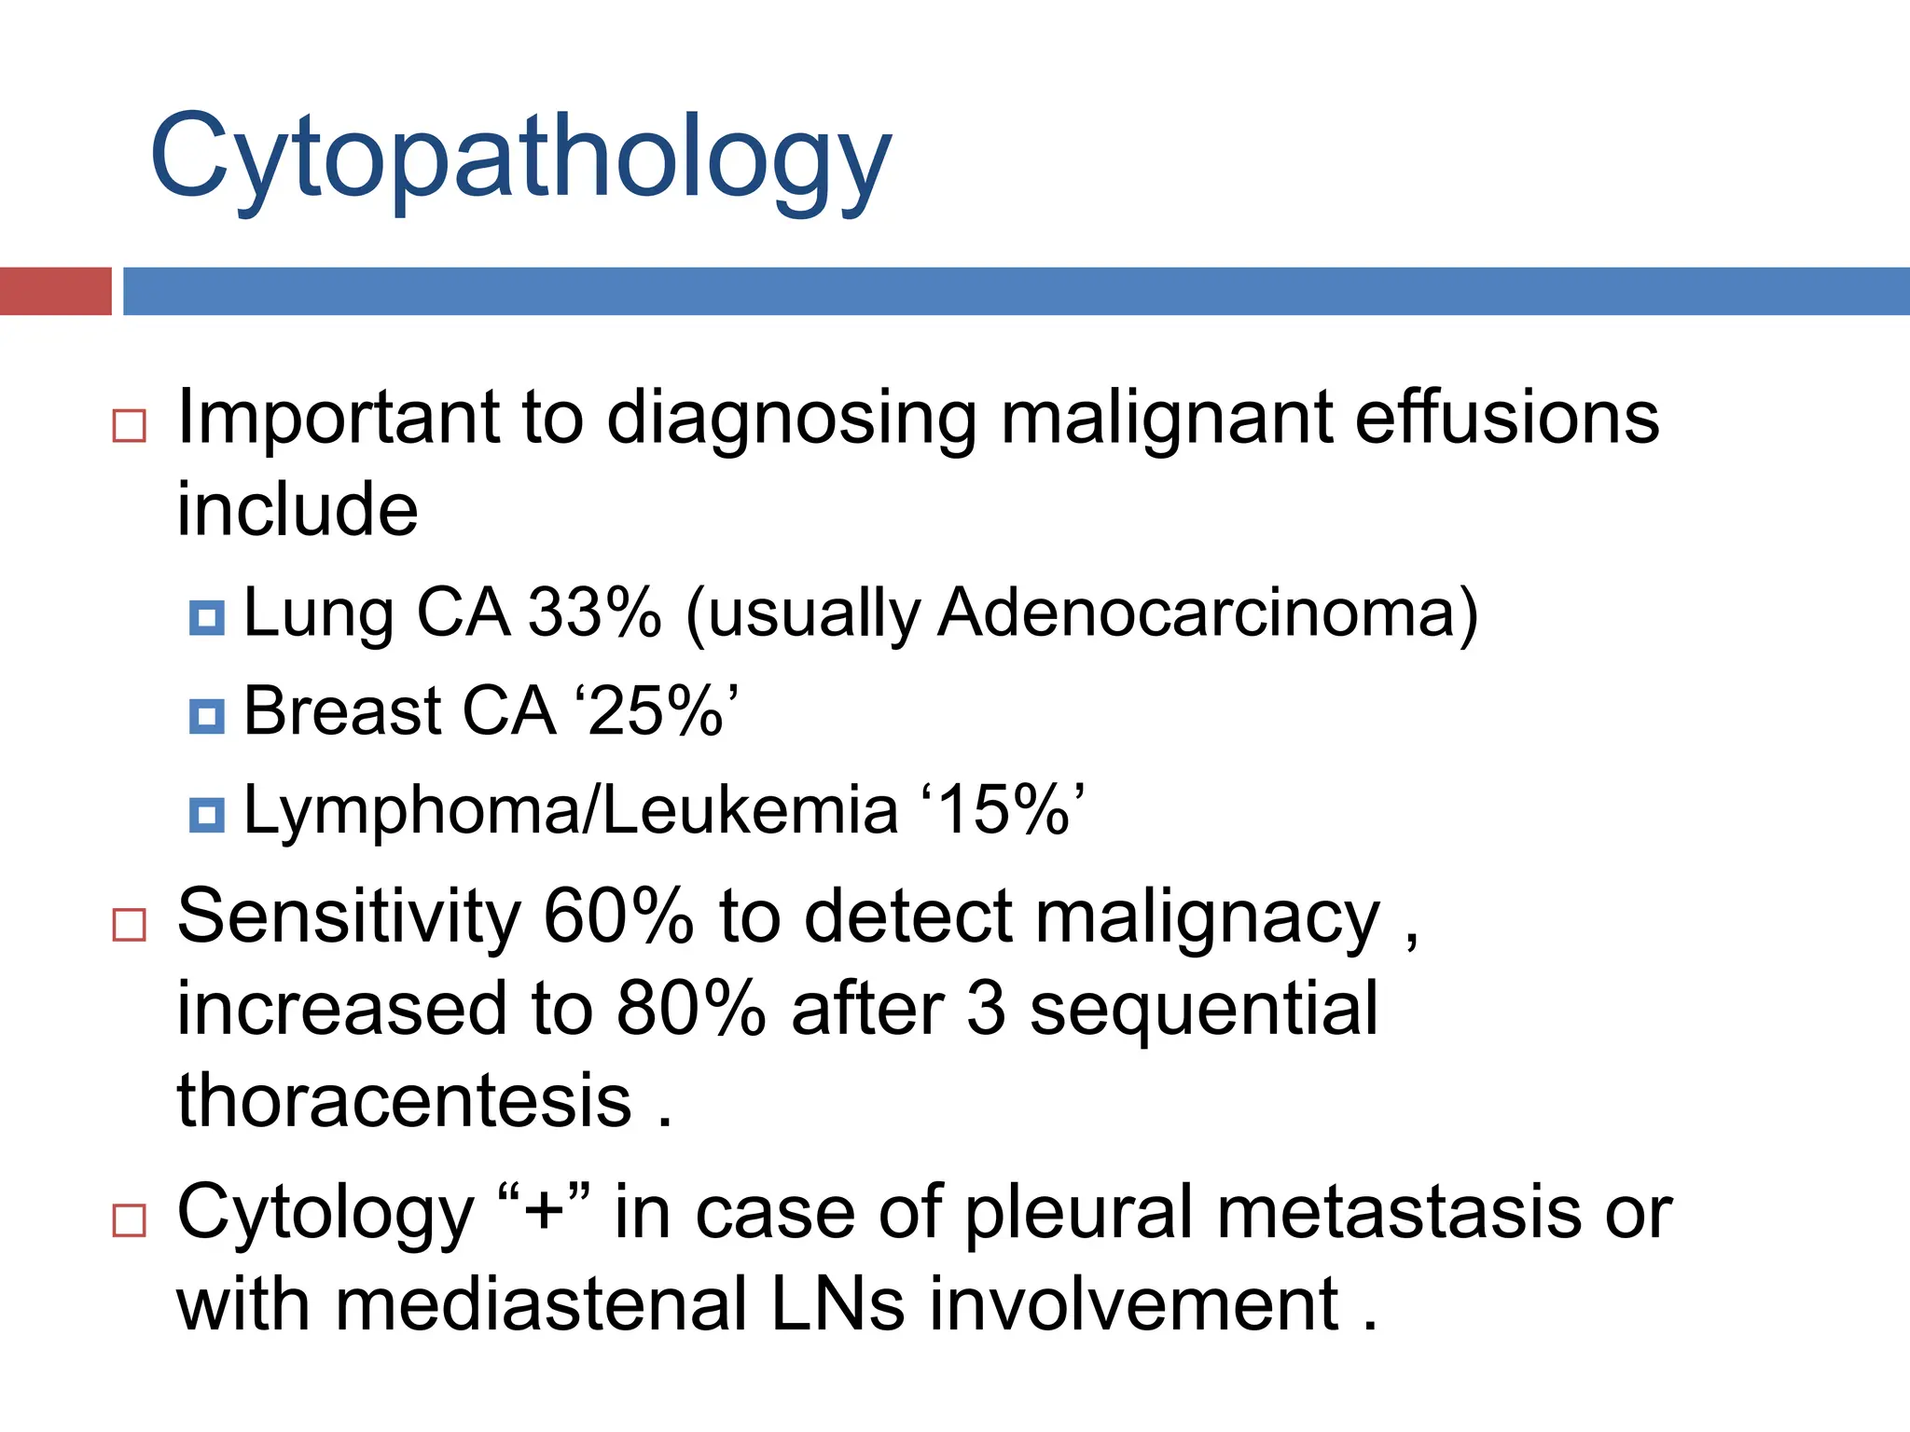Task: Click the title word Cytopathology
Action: pos(520,158)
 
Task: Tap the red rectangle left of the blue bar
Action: pos(55,291)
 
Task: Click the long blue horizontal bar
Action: pos(1015,291)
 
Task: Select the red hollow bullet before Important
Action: pos(129,425)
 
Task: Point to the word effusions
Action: pos(1506,417)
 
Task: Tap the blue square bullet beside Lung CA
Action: pos(206,617)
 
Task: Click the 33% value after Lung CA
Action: pos(594,613)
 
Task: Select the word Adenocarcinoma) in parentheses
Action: pos(1208,613)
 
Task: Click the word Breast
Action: pos(342,711)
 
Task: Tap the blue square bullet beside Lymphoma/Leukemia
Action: pos(206,814)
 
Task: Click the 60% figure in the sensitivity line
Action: pos(617,916)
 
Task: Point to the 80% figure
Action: pos(690,1010)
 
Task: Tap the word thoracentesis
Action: pos(404,1101)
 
